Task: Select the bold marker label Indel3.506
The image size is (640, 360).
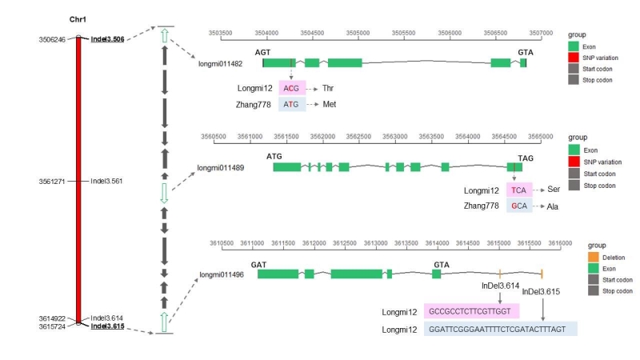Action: tap(107, 38)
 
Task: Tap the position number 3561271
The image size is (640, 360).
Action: tap(53, 181)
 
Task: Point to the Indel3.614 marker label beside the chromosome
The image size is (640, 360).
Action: tap(107, 318)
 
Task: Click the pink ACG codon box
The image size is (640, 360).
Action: tap(292, 88)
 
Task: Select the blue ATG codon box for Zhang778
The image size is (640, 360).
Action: tap(292, 104)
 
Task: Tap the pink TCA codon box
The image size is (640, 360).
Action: tap(519, 190)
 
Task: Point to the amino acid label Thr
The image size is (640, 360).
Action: tap(329, 88)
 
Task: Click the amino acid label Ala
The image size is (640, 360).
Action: tap(553, 206)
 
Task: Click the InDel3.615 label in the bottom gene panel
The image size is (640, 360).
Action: tap(541, 291)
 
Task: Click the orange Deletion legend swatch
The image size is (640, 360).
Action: tap(593, 258)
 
